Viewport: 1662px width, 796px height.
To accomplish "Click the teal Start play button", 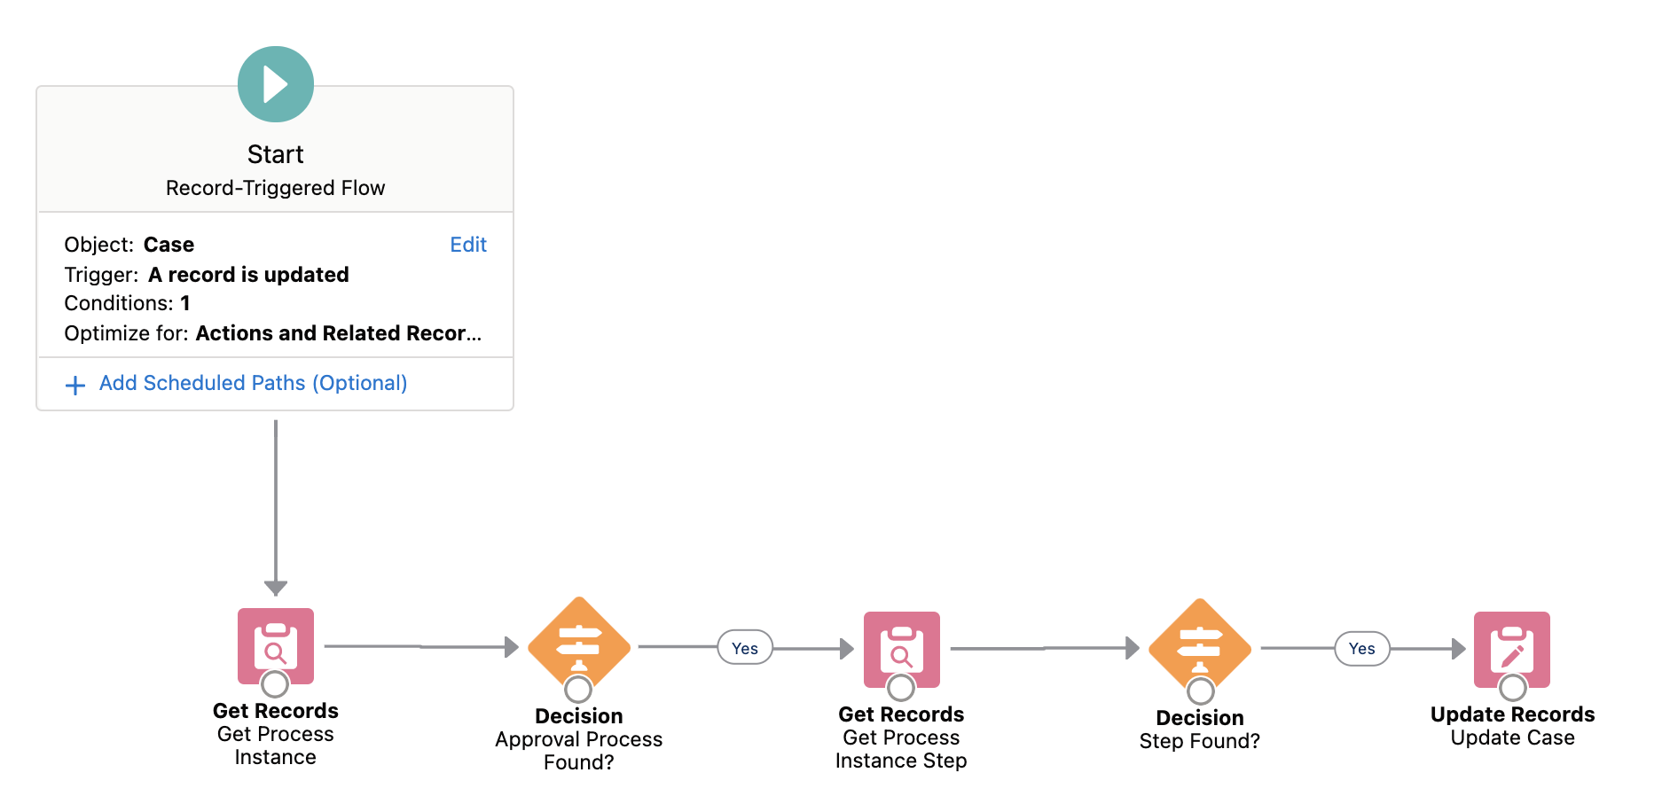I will [x=276, y=84].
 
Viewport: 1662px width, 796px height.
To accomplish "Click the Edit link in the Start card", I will [x=468, y=245].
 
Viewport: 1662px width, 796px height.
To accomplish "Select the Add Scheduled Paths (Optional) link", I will [x=253, y=383].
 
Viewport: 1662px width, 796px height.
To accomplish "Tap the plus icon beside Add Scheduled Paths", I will [x=75, y=385].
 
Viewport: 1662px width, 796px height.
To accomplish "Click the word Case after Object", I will [x=169, y=245].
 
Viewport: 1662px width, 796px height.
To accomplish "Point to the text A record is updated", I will [x=248, y=275].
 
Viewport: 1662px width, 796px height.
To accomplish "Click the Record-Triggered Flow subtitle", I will [x=275, y=188].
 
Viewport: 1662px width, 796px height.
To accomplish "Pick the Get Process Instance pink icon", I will [x=276, y=644].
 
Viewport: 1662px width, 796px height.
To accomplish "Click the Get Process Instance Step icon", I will [x=901, y=649].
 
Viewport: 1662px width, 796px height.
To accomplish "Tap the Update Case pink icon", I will [x=1512, y=649].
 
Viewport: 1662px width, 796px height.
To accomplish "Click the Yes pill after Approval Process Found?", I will [x=745, y=648].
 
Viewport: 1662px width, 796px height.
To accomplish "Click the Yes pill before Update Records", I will [x=1362, y=649].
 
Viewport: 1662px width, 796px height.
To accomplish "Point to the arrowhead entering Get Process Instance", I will [x=276, y=588].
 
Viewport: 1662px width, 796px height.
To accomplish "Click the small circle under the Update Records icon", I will [x=1512, y=687].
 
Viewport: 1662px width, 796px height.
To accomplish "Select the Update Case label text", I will [x=1512, y=737].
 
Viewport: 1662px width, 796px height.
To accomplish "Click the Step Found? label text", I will [x=1199, y=741].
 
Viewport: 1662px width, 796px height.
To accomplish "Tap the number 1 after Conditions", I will [x=185, y=303].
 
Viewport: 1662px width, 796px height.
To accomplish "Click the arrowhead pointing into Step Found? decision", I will [x=1132, y=648].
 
